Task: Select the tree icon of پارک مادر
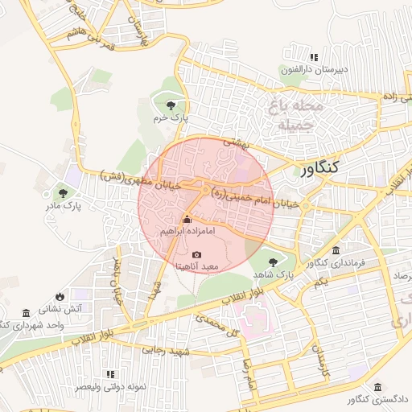pyautogui.click(x=63, y=193)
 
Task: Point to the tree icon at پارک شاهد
pyautogui.click(x=274, y=262)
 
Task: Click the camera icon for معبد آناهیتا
pyautogui.click(x=197, y=254)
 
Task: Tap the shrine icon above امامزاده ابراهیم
pyautogui.click(x=187, y=220)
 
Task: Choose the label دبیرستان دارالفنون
pyautogui.click(x=314, y=69)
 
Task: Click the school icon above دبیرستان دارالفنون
pyautogui.click(x=314, y=57)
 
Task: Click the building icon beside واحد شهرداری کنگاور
pyautogui.click(x=27, y=312)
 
